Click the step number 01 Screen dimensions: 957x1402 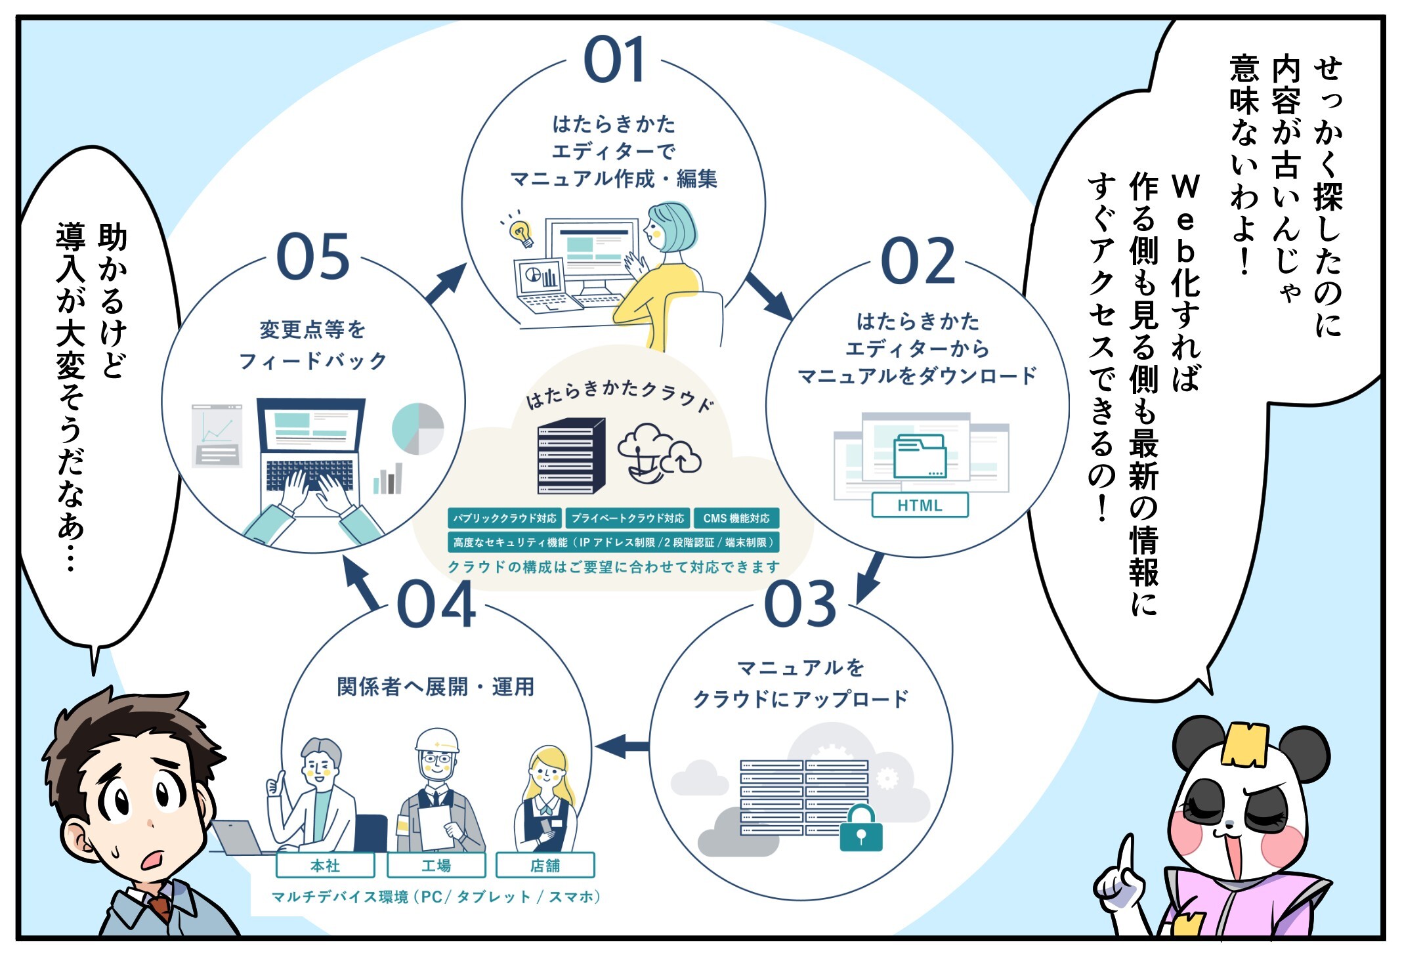[614, 60]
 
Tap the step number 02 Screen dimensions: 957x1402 [918, 262]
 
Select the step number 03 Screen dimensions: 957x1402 [800, 604]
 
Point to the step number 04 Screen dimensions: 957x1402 [436, 605]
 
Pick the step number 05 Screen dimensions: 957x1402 [313, 257]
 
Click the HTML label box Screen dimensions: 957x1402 [920, 505]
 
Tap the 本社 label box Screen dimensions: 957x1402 [325, 866]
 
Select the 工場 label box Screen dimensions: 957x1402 [436, 866]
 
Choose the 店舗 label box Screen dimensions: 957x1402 [545, 866]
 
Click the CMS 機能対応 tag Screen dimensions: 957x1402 [736, 519]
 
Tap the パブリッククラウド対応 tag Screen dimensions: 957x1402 [505, 519]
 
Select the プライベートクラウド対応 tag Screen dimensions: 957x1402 [627, 519]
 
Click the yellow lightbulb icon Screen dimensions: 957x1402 [521, 232]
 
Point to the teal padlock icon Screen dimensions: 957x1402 [861, 830]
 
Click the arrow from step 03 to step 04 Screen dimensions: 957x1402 [621, 746]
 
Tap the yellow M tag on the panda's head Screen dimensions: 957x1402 [1244, 745]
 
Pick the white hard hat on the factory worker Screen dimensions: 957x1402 [437, 740]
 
